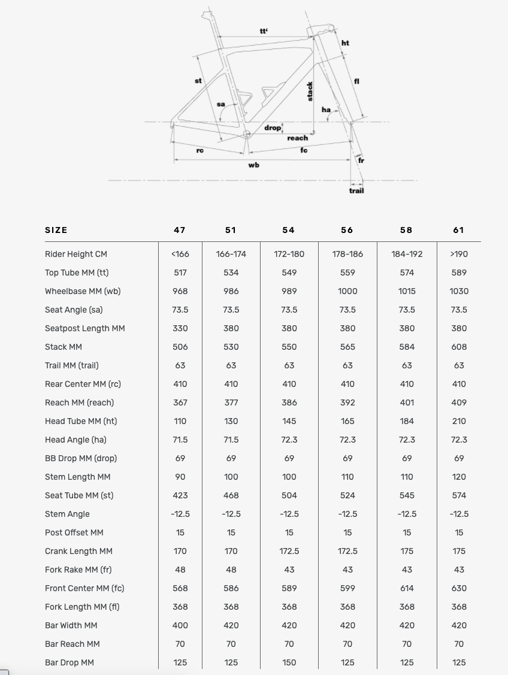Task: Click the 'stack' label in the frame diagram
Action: [310, 91]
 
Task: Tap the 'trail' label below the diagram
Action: [356, 190]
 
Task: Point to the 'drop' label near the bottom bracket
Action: [273, 128]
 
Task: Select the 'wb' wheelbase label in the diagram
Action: [253, 165]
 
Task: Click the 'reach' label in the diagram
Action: [298, 138]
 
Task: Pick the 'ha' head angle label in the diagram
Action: [326, 110]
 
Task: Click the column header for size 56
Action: [347, 230]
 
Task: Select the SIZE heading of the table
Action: [56, 230]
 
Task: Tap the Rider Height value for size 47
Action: [180, 254]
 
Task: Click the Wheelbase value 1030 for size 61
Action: [459, 291]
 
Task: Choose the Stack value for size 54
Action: [289, 347]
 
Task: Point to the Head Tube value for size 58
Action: [407, 421]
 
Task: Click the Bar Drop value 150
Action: [289, 662]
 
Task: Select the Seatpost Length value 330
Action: [180, 328]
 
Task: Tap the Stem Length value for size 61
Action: [459, 477]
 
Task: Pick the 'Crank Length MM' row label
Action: [78, 551]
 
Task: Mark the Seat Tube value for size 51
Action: [231, 495]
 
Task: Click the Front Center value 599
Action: [347, 588]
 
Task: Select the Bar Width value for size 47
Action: [180, 625]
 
